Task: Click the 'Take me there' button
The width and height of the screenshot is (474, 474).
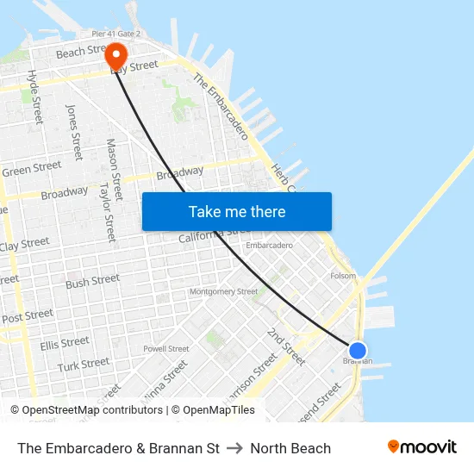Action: [x=237, y=212]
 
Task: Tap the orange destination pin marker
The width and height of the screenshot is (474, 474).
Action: [x=116, y=57]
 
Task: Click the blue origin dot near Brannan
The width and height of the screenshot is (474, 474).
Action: [x=358, y=350]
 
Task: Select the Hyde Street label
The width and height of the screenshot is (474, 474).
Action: [x=35, y=97]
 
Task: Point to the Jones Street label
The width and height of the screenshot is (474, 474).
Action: [x=73, y=132]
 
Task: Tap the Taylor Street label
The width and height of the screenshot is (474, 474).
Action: [x=108, y=211]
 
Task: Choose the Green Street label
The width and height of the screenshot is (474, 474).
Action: [x=32, y=169]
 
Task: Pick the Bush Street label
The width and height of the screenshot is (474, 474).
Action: [x=93, y=282]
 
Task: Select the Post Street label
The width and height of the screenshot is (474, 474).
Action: [x=28, y=316]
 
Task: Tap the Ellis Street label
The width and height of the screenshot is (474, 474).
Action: [x=65, y=343]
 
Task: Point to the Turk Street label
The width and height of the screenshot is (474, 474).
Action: [x=84, y=365]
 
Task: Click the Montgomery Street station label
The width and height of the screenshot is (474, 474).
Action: [x=223, y=291]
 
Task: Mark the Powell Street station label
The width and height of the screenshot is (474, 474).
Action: [x=166, y=349]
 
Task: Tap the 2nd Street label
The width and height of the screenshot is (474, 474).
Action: [x=285, y=345]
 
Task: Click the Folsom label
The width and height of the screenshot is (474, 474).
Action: [x=343, y=277]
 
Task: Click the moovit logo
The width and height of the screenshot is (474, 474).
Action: [x=421, y=447]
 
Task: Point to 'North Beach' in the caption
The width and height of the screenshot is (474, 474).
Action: [x=290, y=448]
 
